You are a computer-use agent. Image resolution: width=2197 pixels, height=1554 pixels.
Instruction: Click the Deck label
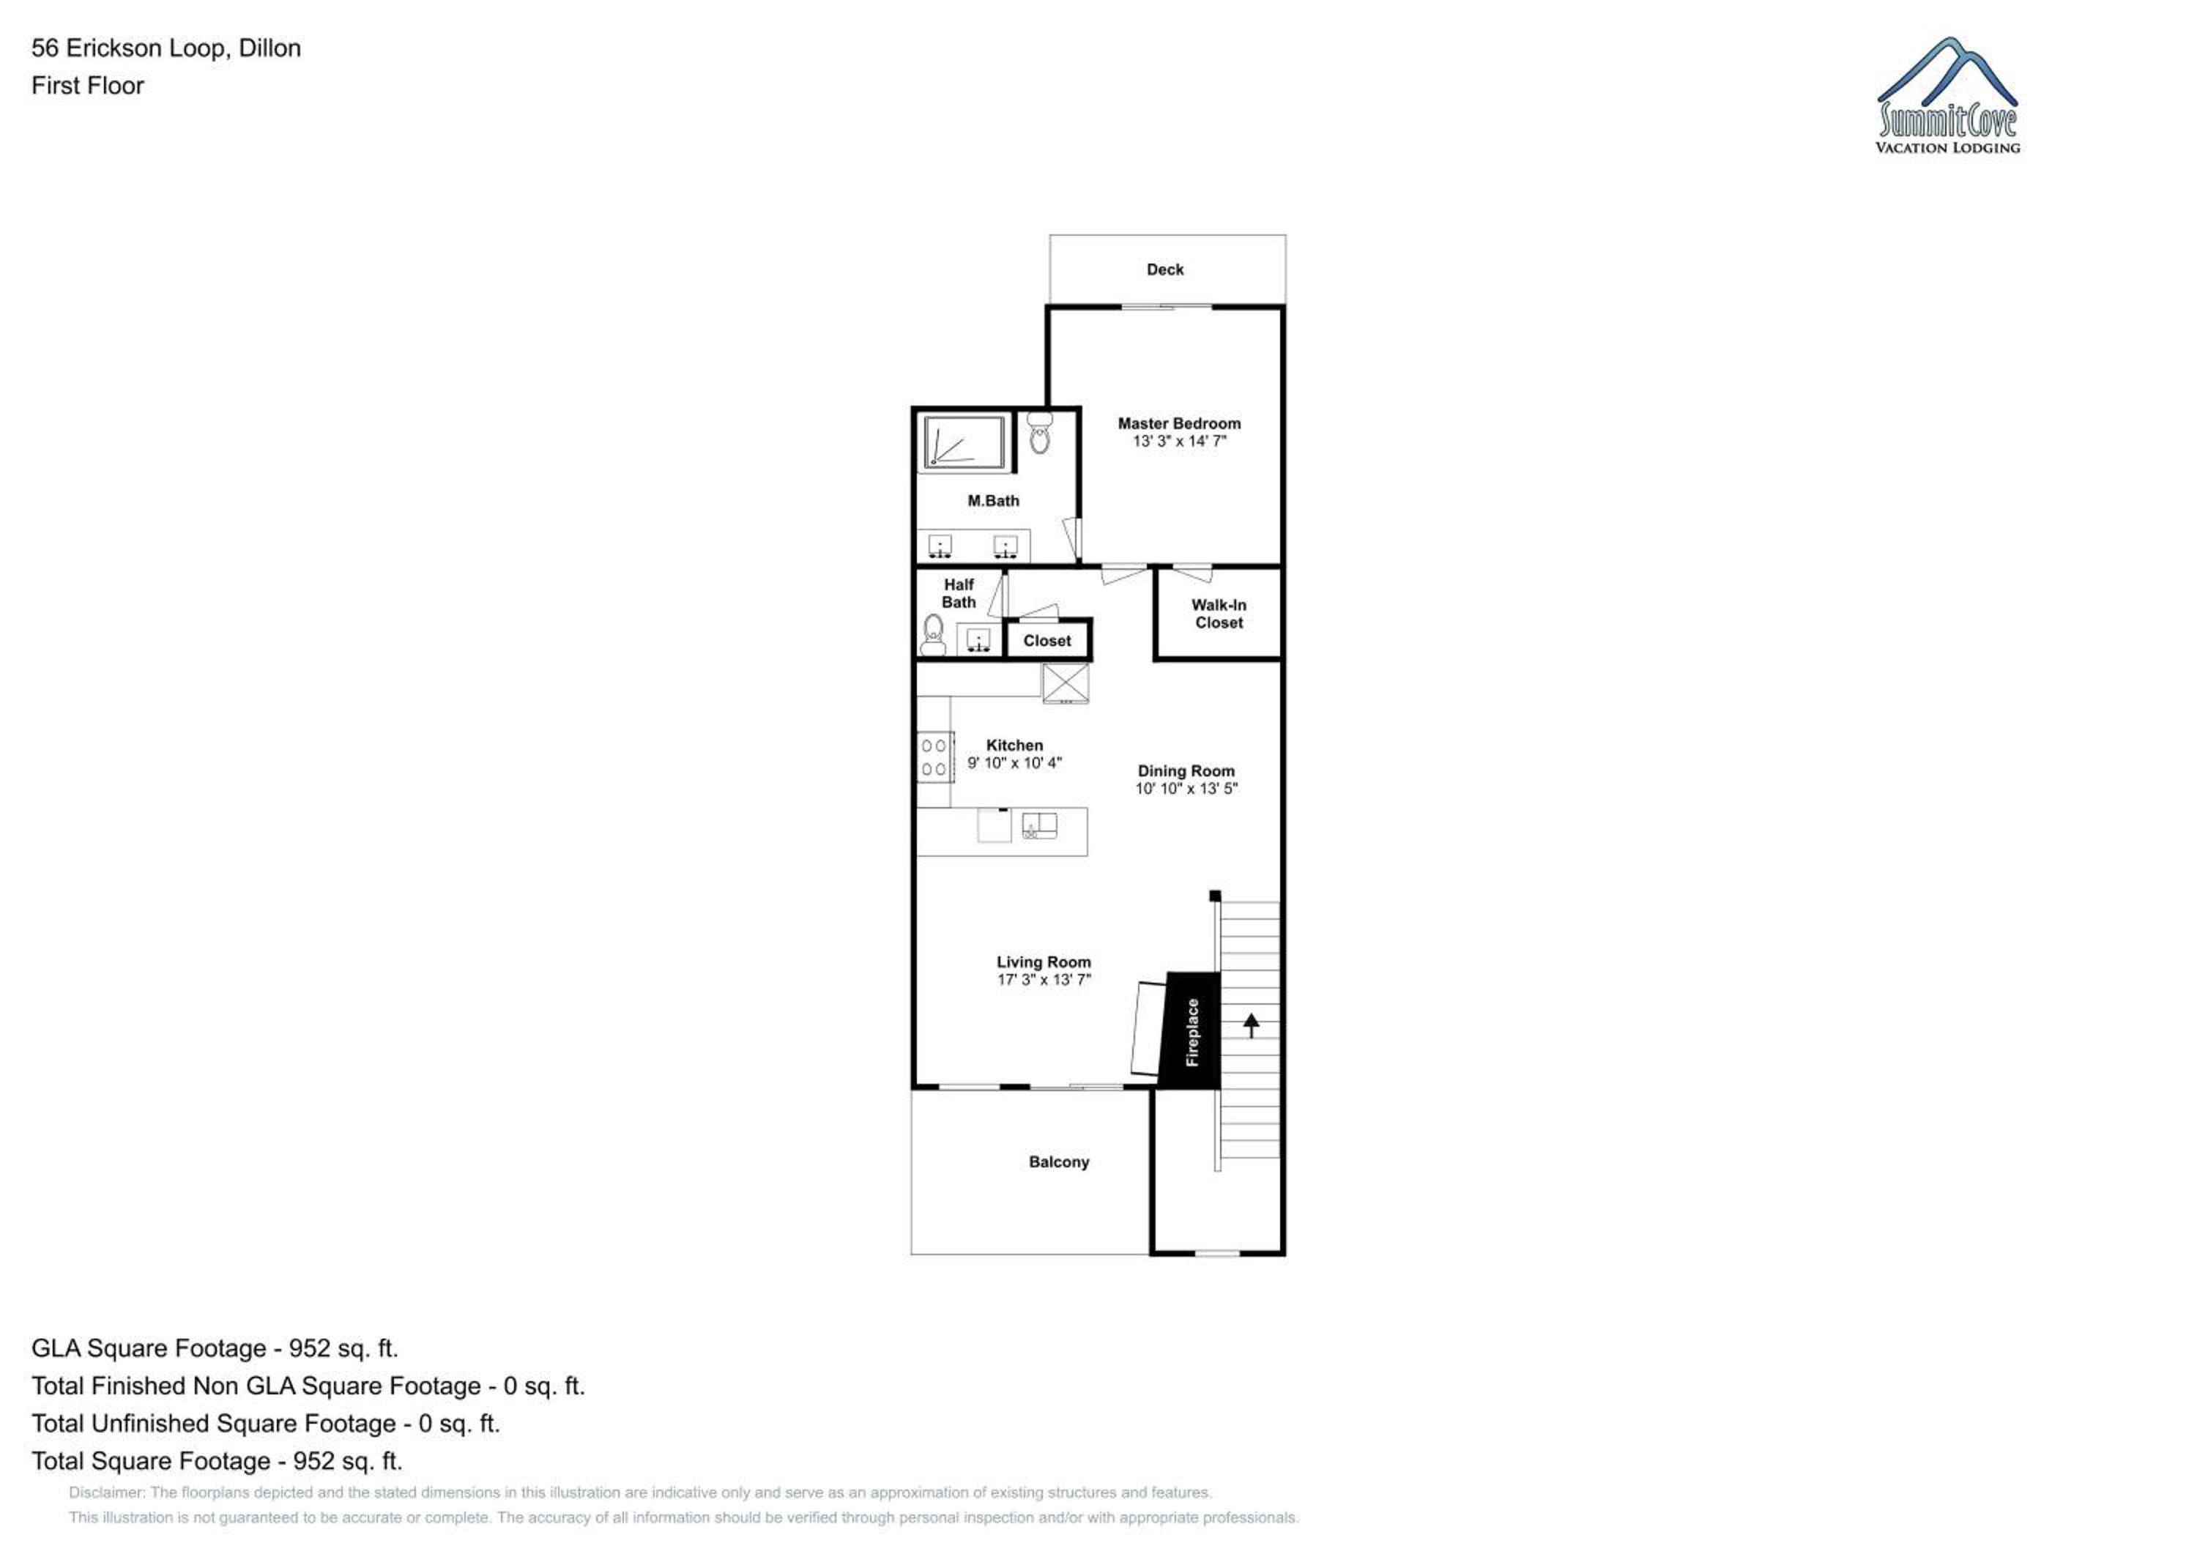[x=1164, y=269]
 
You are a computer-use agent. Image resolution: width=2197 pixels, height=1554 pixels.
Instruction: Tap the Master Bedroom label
[x=1179, y=423]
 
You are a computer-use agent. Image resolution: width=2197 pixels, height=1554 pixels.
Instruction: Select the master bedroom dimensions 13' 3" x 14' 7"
[x=1179, y=441]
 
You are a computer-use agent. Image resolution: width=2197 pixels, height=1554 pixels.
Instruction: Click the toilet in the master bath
[x=1039, y=434]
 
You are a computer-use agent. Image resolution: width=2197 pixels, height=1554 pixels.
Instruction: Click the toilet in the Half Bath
[x=933, y=634]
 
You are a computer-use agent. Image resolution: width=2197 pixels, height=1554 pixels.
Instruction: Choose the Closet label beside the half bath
[x=1047, y=641]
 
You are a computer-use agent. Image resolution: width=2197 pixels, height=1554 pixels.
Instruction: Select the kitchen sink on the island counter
[x=1039, y=825]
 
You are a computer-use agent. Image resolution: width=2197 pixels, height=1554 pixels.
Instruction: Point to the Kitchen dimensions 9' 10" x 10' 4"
[x=1014, y=762]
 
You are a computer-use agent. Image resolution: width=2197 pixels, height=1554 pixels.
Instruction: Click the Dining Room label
[x=1186, y=770]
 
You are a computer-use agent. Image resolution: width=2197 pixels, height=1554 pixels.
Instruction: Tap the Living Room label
[x=1043, y=962]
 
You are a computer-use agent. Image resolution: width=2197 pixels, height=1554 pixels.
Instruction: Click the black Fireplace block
[x=1190, y=1030]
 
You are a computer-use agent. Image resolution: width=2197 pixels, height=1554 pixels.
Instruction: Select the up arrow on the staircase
[x=1251, y=1025]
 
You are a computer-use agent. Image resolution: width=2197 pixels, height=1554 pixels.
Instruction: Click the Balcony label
[x=1058, y=1161]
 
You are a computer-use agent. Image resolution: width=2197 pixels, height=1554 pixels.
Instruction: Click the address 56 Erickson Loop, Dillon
[x=166, y=48]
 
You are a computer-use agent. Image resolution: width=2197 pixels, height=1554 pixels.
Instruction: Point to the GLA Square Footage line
[x=215, y=1348]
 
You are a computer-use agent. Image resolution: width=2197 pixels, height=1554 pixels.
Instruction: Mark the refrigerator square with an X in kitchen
[x=1065, y=683]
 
